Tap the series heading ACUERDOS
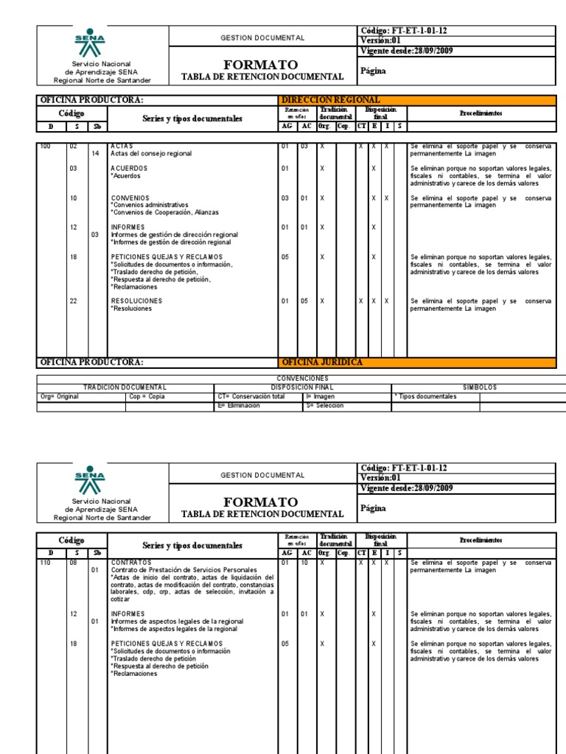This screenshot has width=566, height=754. [129, 169]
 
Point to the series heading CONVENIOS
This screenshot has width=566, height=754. [130, 198]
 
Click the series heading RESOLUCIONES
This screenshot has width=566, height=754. [136, 301]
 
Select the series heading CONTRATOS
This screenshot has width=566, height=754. [131, 562]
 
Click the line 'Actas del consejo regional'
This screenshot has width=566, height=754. [151, 153]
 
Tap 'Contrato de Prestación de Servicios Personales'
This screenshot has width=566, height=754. [184, 569]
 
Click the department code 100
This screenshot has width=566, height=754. [45, 146]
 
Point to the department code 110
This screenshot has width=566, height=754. [45, 562]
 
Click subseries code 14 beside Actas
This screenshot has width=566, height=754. [95, 153]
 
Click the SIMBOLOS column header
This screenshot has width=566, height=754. [480, 387]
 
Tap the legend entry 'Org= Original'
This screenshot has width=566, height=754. [60, 396]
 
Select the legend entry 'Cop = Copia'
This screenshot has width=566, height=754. [147, 396]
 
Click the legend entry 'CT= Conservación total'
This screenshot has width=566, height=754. [250, 396]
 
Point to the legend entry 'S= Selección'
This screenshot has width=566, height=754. [324, 405]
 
